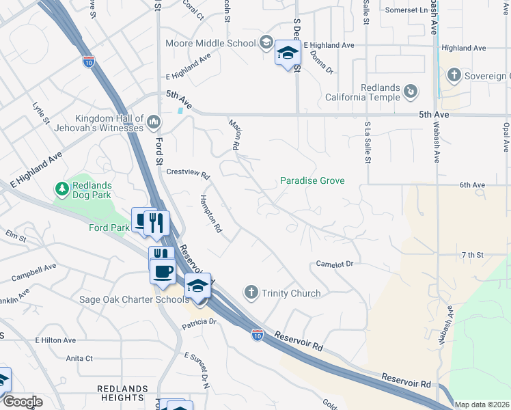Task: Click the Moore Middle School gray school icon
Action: tap(266, 43)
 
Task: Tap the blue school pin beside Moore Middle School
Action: tap(288, 53)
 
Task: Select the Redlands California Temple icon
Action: tap(411, 91)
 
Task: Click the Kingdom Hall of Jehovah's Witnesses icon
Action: tap(153, 122)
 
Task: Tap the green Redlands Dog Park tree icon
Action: tap(61, 188)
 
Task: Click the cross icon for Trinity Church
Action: tap(251, 293)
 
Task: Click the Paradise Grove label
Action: tap(312, 181)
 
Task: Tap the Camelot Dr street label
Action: tap(334, 264)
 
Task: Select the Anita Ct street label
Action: tap(79, 358)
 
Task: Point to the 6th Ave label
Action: tap(472, 185)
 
